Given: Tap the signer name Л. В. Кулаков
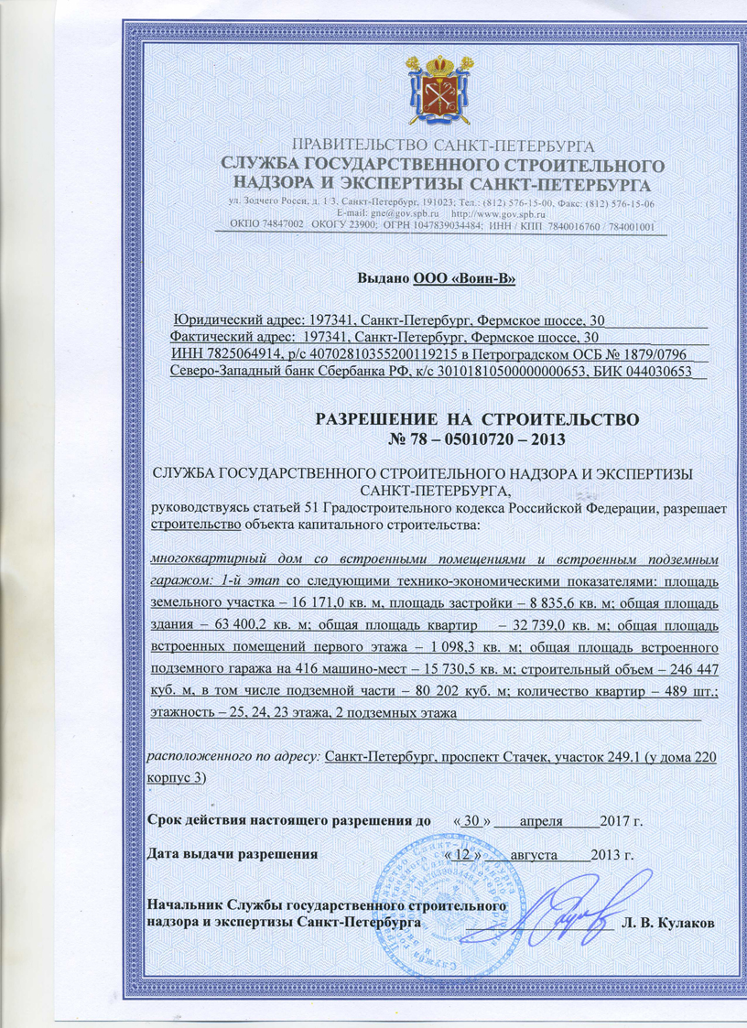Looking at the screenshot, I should tap(671, 922).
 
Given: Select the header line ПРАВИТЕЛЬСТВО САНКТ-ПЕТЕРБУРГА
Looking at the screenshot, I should tap(442, 146).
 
